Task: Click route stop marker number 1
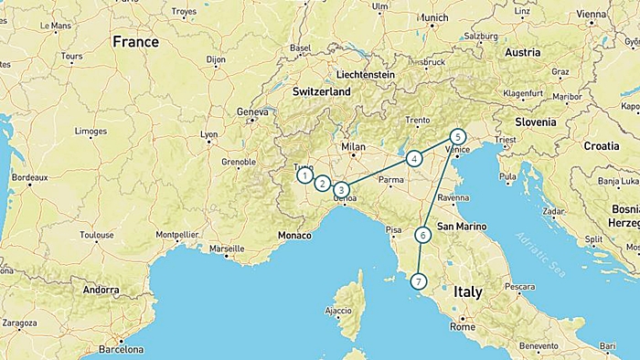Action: tap(304, 175)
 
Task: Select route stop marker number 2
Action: tap(322, 183)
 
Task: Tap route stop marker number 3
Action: tap(341, 189)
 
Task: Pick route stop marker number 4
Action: tap(414, 158)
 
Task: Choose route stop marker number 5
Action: tap(458, 136)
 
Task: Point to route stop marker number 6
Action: tap(422, 235)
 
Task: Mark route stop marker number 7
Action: tap(419, 281)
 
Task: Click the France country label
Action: tap(135, 42)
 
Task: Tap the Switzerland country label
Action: tap(322, 92)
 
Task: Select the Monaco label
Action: tap(294, 236)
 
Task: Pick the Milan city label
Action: tap(353, 146)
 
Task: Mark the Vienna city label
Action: tap(592, 15)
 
